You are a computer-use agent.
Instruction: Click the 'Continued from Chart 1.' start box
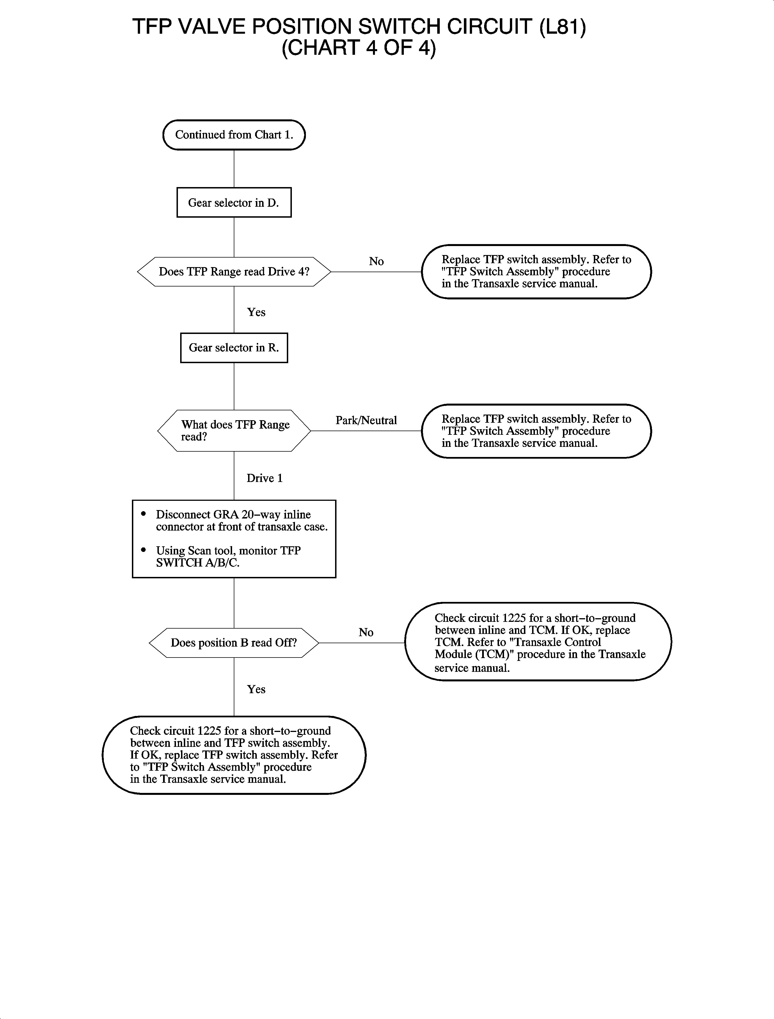234,135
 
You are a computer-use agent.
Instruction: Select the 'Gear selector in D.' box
234,203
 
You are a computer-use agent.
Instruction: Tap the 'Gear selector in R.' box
234,348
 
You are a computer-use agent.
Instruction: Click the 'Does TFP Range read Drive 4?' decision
234,272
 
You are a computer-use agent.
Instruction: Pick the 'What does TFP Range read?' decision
234,431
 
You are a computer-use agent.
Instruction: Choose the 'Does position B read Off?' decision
234,643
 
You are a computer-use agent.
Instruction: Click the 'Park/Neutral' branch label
366,420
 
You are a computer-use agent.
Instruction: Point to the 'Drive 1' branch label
264,478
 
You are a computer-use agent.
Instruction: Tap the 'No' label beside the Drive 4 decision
376,261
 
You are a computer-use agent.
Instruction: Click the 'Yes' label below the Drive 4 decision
256,312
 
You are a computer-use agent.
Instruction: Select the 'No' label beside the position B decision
366,632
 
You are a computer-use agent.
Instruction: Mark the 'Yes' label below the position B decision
256,689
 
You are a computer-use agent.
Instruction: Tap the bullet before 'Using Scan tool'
144,550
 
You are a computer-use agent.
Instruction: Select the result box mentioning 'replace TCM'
538,642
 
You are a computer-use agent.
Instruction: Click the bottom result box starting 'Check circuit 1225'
234,755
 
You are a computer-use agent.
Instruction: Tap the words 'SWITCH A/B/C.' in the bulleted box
198,563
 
